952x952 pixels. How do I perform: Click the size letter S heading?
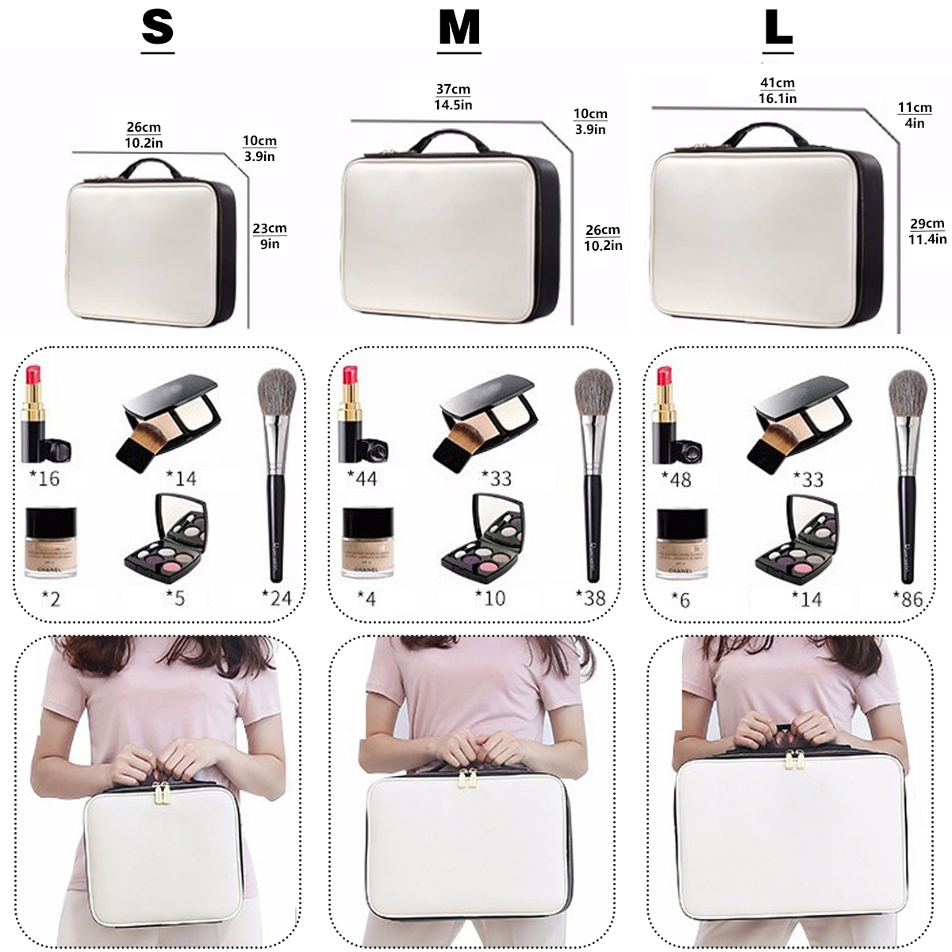point(157,29)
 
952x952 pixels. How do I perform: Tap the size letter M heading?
point(459,29)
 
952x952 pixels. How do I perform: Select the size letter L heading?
point(778,29)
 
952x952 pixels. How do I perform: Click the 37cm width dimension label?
point(453,90)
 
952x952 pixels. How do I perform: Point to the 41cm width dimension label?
point(777,83)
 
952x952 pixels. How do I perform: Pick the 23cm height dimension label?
point(270,229)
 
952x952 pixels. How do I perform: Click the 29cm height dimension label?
point(927,224)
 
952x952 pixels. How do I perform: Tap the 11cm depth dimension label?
point(915,108)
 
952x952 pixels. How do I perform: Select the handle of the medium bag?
point(449,140)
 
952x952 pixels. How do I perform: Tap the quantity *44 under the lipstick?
point(362,478)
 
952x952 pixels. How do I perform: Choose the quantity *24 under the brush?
point(277,597)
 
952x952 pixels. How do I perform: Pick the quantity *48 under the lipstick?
point(676,479)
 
